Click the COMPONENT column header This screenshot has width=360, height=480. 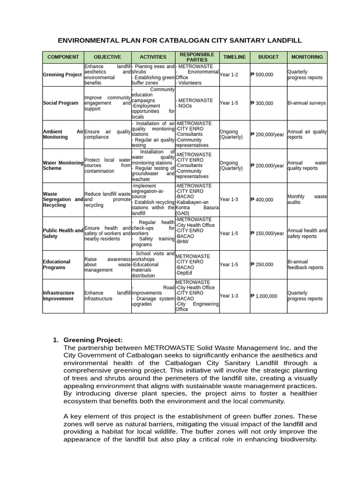tap(63, 57)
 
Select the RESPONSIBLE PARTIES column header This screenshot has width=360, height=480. tap(197, 57)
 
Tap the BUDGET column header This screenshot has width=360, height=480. tap(268, 57)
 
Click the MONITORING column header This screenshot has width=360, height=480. tap(307, 57)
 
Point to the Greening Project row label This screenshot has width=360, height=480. tap(62, 75)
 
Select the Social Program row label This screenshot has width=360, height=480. tap(61, 103)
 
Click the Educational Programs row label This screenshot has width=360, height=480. tap(57, 264)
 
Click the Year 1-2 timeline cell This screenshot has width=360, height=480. tap(229, 75)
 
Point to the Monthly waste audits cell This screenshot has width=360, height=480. tap(307, 200)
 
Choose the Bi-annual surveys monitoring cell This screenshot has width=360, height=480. tap(307, 103)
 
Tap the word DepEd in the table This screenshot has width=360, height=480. tap(183, 273)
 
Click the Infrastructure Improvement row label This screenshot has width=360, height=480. tap(58, 296)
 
